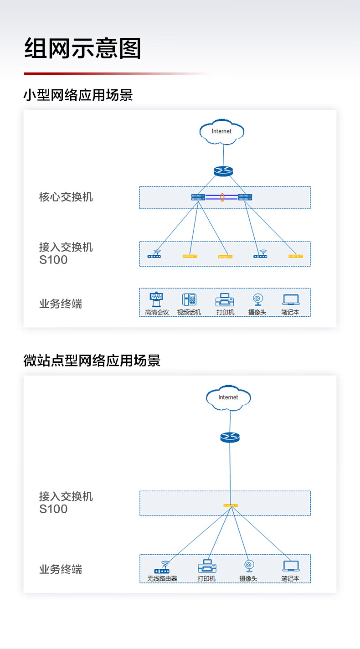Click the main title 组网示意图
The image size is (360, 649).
click(82, 48)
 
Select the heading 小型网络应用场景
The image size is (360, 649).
click(78, 95)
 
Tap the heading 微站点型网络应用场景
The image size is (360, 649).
click(92, 361)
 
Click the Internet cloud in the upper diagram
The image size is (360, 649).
click(221, 132)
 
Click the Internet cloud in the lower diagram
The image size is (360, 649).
click(228, 397)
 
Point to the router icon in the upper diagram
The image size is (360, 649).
click(223, 171)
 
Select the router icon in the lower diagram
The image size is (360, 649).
click(230, 437)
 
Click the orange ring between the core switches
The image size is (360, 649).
click(222, 197)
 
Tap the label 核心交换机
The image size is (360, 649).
click(66, 197)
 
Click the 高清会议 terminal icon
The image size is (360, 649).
click(156, 299)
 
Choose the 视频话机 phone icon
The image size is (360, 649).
click(189, 299)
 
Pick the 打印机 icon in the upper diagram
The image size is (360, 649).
click(225, 300)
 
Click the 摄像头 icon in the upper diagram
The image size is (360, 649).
click(258, 299)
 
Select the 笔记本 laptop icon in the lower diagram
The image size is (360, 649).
click(291, 566)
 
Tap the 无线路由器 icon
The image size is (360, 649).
click(162, 567)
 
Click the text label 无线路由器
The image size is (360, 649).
click(162, 579)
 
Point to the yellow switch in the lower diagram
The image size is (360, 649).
click(231, 505)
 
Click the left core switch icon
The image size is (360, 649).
click(198, 197)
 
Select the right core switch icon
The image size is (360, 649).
click(245, 197)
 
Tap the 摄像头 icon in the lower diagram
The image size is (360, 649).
click(249, 566)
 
